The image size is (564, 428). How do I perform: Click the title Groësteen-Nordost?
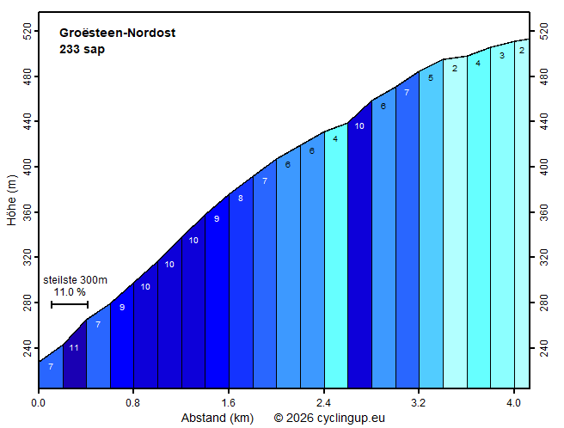pos(117,34)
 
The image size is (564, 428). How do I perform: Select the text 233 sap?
pos(83,49)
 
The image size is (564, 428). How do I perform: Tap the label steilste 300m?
pos(75,280)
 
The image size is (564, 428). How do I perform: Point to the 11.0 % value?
pos(70,292)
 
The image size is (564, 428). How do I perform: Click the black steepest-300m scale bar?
pos(70,304)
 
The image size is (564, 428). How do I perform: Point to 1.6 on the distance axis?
pos(228,401)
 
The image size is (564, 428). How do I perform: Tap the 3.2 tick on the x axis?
pos(419,401)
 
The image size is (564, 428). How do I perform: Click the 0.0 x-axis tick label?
pos(39,401)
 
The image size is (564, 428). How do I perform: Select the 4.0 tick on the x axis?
pos(513,401)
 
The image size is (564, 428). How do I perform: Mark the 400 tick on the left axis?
pos(25,166)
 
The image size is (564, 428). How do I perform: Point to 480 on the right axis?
pos(543,76)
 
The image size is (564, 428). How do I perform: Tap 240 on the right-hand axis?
pos(543,349)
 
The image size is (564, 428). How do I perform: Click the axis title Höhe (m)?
pos(11,200)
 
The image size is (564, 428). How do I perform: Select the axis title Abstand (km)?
pos(218,418)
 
